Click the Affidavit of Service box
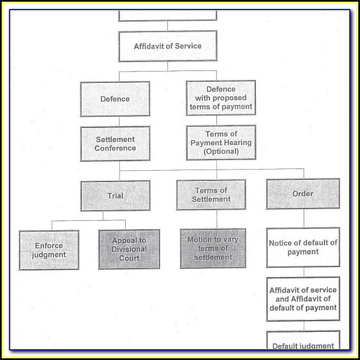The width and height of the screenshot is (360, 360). (x=167, y=46)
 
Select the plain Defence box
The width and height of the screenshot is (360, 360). (x=115, y=99)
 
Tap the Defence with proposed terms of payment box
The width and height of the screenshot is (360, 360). (x=221, y=98)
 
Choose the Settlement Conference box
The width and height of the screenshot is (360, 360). (x=115, y=144)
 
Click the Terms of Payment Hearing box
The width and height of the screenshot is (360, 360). (x=221, y=143)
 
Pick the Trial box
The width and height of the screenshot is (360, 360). (x=115, y=195)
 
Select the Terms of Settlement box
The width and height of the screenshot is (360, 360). (x=211, y=194)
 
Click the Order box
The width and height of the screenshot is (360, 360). (x=303, y=194)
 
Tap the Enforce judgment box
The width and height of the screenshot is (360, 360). (x=49, y=250)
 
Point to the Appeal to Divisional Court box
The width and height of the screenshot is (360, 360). (x=129, y=249)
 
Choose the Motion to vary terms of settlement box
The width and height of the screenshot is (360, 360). (x=212, y=248)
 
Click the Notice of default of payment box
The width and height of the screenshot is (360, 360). (x=303, y=247)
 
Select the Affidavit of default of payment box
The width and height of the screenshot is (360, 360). (x=303, y=299)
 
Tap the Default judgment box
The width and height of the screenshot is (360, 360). (x=303, y=344)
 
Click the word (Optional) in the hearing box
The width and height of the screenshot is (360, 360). (x=221, y=151)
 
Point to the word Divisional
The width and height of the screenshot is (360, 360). (x=129, y=249)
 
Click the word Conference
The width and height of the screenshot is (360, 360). (x=115, y=148)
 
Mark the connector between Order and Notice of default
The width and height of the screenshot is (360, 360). (x=303, y=219)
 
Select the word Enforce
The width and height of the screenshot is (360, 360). (x=49, y=246)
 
